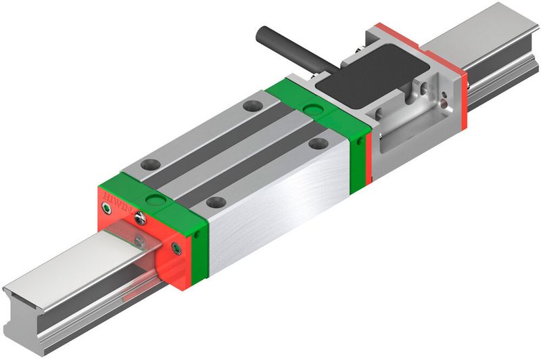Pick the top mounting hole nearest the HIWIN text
tap(149, 164)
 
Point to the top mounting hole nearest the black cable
tap(252, 105)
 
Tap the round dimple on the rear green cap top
tap(312, 108)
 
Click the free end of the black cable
tap(261, 32)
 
